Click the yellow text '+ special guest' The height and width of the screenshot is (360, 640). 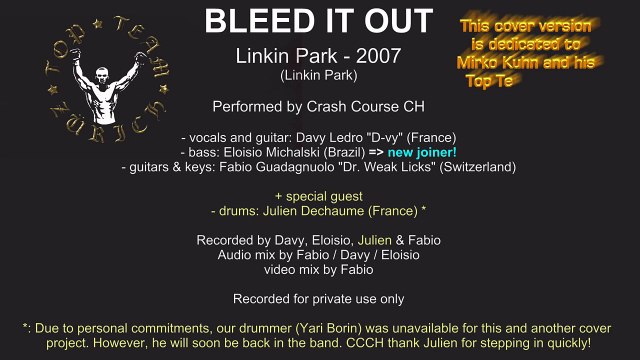(320, 196)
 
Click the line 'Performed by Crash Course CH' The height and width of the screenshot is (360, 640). (320, 106)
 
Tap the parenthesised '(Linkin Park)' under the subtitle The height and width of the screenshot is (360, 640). (320, 74)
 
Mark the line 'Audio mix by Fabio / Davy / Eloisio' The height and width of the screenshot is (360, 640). (320, 255)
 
